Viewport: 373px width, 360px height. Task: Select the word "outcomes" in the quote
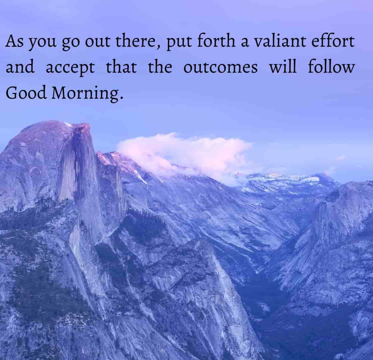220,67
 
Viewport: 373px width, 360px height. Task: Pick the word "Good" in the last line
26,93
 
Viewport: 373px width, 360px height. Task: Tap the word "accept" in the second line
70,68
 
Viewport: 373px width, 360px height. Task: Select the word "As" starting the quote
14,41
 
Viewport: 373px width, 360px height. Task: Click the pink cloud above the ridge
185,155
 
